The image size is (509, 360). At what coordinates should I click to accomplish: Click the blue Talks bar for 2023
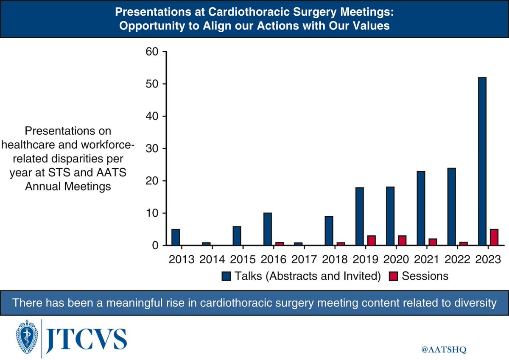[x=482, y=161]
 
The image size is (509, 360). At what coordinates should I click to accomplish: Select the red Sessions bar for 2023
[x=494, y=237]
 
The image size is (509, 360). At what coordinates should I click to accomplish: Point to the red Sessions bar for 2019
[x=371, y=240]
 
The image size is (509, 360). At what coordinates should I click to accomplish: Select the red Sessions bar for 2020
[x=402, y=240]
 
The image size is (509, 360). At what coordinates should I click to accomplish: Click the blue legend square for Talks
[x=226, y=276]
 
